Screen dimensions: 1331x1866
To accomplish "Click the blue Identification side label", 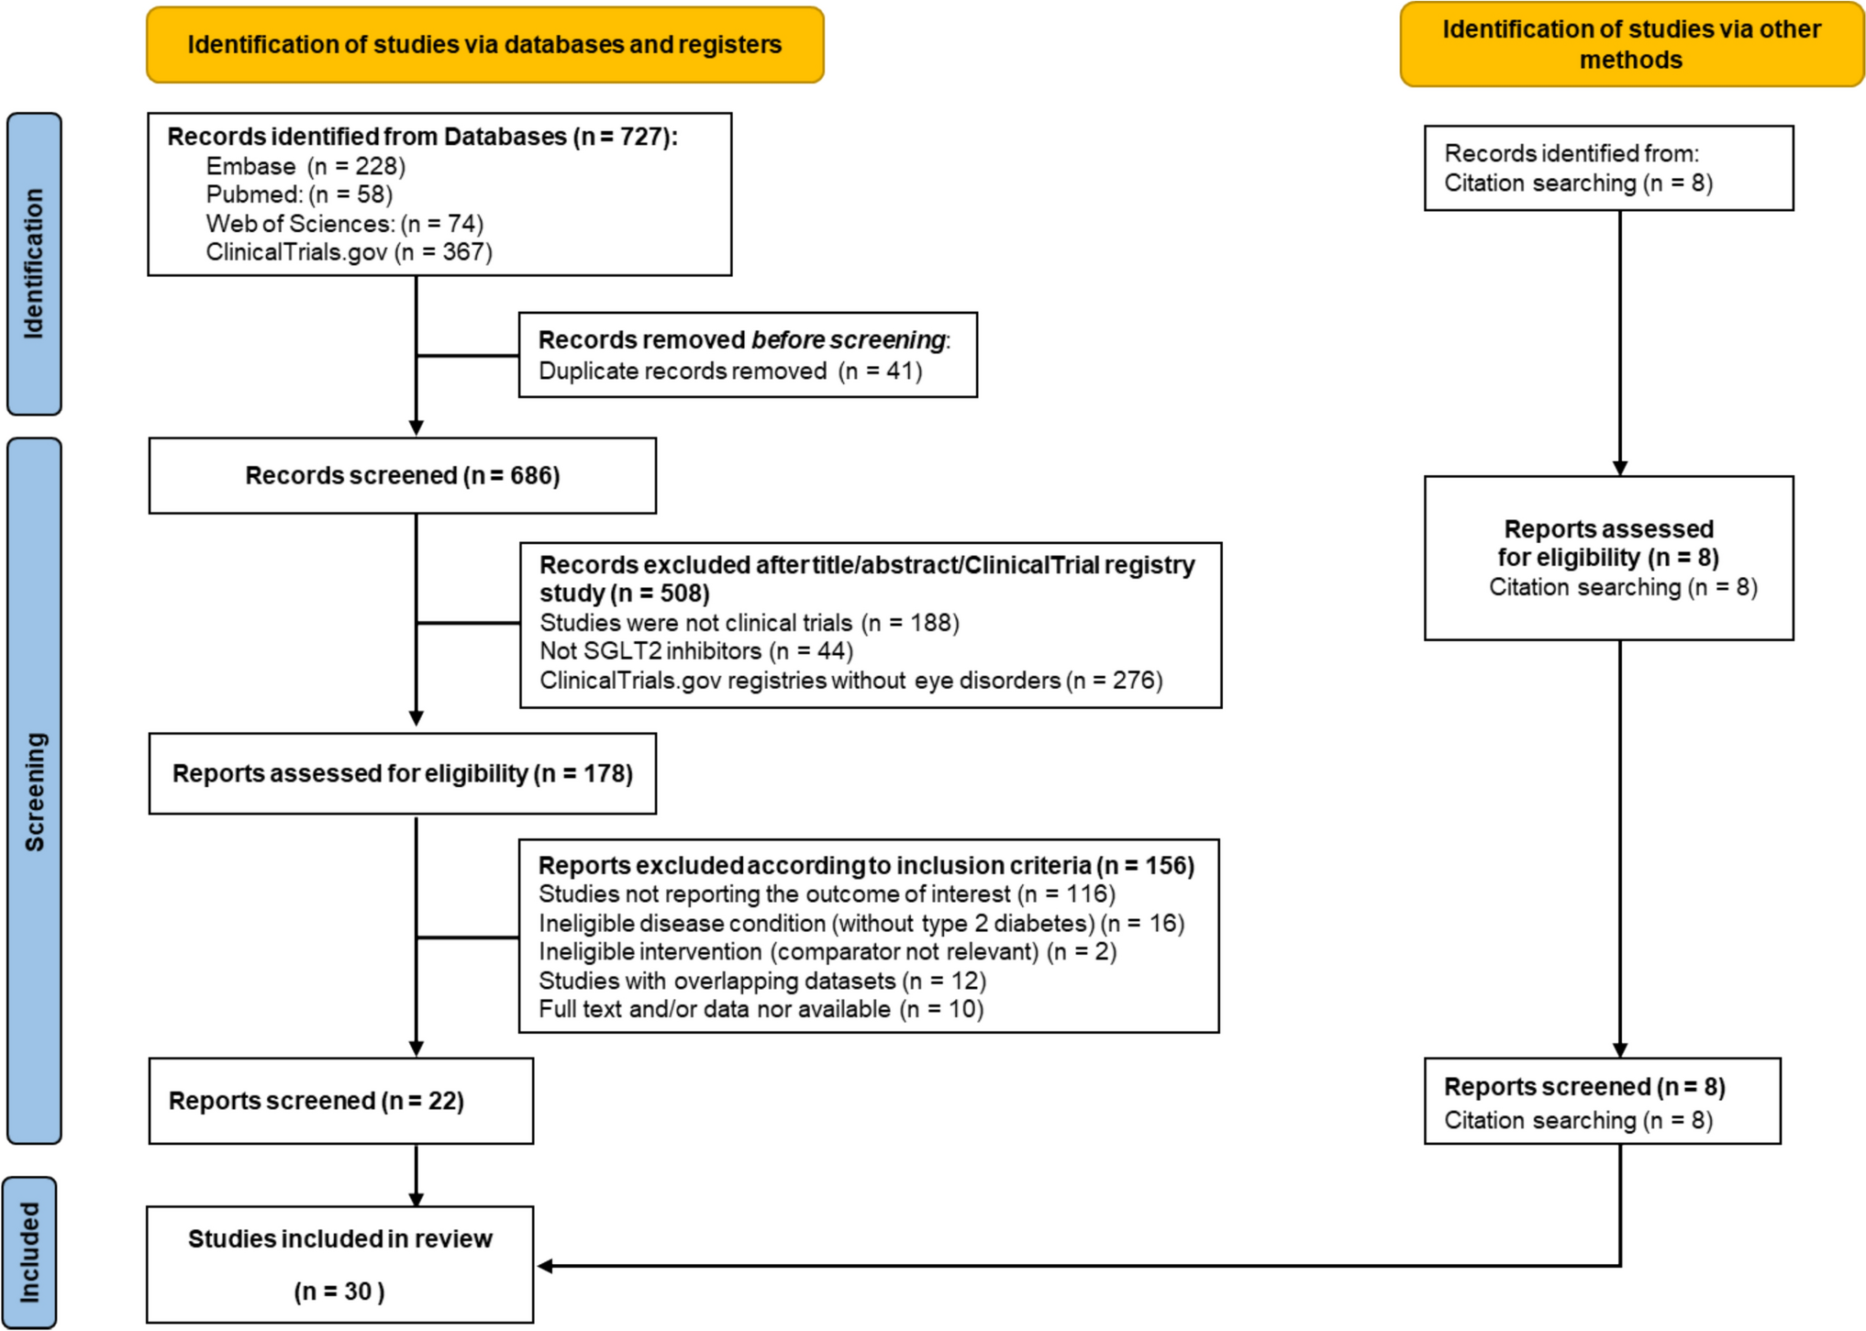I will click(34, 264).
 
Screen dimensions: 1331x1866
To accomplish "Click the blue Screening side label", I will click(34, 791).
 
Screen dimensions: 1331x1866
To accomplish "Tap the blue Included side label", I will click(29, 1252).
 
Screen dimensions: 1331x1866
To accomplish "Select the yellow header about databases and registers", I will click(484, 45).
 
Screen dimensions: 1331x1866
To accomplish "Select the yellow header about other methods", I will click(1630, 45).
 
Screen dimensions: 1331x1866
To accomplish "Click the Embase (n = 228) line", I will click(305, 166).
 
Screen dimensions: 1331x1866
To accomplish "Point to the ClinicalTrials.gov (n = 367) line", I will click(349, 252).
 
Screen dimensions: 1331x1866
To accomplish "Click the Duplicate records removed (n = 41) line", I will click(729, 372).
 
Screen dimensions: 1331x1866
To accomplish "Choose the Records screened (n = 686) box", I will click(402, 476).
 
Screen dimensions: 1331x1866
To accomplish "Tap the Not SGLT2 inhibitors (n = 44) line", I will click(695, 651).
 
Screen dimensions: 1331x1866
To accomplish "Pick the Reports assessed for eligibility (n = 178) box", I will click(402, 773).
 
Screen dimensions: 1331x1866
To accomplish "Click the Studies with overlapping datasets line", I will click(761, 981).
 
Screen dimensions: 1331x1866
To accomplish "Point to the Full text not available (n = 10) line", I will click(761, 1010).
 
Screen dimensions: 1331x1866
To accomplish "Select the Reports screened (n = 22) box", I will click(340, 1101).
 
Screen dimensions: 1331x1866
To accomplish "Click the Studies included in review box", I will click(340, 1239).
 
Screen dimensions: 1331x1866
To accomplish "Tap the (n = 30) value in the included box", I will click(339, 1292).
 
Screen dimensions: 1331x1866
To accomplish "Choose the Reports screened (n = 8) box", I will click(1601, 1101).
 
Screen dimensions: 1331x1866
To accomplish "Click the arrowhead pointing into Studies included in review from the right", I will click(544, 1266).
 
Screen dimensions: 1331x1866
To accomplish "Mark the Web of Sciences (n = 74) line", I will click(344, 224).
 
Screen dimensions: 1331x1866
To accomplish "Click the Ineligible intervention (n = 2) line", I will click(827, 952).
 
